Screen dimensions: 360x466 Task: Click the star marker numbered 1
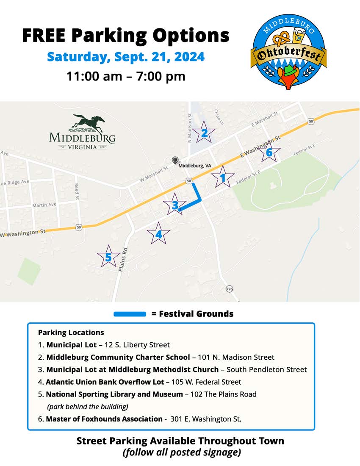223,178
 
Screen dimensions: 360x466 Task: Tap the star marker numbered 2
204,133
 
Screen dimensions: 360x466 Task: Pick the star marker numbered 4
159,234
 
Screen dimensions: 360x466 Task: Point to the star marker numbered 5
108,257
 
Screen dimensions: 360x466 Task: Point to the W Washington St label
24,233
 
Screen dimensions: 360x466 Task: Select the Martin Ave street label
44,205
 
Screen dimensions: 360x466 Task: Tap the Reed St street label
77,191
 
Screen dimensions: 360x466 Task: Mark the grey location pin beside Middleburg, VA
175,160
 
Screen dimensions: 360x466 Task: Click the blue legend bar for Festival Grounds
130,314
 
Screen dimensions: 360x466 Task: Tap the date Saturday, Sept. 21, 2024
125,56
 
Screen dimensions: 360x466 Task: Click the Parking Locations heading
71,333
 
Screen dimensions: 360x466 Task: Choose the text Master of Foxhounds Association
104,419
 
